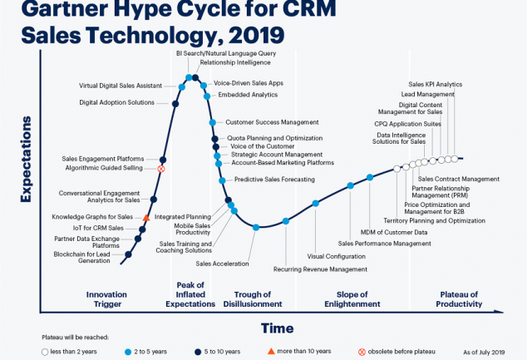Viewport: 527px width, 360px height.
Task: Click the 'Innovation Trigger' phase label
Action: click(x=108, y=299)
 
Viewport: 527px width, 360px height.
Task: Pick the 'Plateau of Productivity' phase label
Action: click(x=459, y=299)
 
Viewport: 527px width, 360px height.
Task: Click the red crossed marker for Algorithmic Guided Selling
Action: click(x=161, y=169)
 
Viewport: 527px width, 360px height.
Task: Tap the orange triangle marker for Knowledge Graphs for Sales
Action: click(x=146, y=217)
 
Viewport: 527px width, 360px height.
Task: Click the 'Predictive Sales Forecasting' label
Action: click(x=274, y=180)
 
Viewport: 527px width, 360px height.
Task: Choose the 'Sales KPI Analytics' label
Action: click(x=436, y=84)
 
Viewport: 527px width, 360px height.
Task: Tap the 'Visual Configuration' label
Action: click(x=336, y=256)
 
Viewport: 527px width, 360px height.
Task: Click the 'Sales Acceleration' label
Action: click(x=222, y=264)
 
